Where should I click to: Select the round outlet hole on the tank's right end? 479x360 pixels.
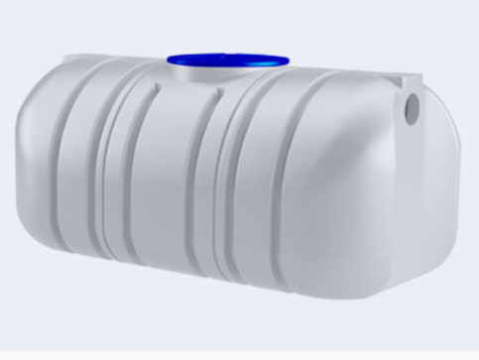[x=414, y=103]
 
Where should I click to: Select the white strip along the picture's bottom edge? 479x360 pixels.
[x=239, y=353]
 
